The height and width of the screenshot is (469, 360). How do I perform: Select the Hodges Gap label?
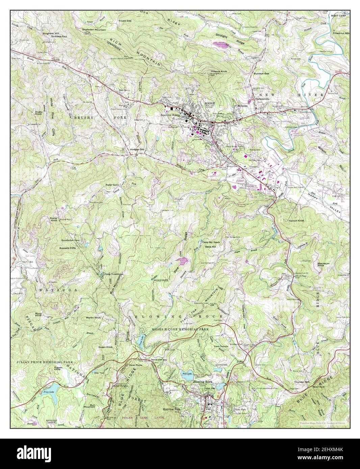pos(137,149)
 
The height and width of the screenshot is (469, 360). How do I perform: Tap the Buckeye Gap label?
pos(261,73)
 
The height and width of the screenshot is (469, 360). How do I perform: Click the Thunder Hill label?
pos(302,382)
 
